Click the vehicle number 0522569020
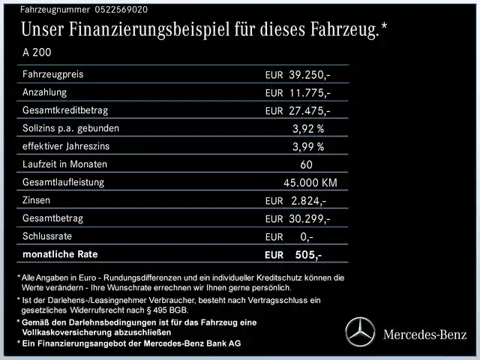click(x=121, y=10)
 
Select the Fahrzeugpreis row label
click(x=53, y=75)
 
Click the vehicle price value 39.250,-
click(x=309, y=75)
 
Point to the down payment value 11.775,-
click(x=309, y=93)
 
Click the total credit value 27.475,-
click(x=309, y=111)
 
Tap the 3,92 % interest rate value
click(x=308, y=129)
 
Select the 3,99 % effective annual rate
click(x=308, y=147)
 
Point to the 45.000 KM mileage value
click(x=310, y=183)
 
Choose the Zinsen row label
click(x=38, y=200)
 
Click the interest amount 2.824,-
click(x=308, y=201)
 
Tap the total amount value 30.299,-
click(x=309, y=219)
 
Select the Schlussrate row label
click(x=49, y=236)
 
